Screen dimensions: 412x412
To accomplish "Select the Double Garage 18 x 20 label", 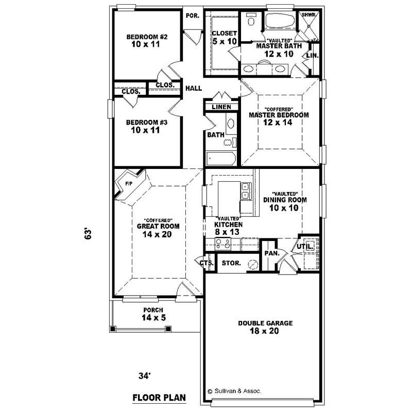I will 265,327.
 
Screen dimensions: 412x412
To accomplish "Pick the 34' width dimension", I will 145,376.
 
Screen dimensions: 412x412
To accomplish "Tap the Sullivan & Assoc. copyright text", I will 234,391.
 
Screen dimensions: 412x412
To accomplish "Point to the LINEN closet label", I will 221,107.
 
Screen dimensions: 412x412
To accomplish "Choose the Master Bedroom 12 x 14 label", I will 279,115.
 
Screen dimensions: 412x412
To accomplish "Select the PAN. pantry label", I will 271,253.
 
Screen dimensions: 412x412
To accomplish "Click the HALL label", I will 194,89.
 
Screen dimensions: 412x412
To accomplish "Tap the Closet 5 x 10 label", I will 225,37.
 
